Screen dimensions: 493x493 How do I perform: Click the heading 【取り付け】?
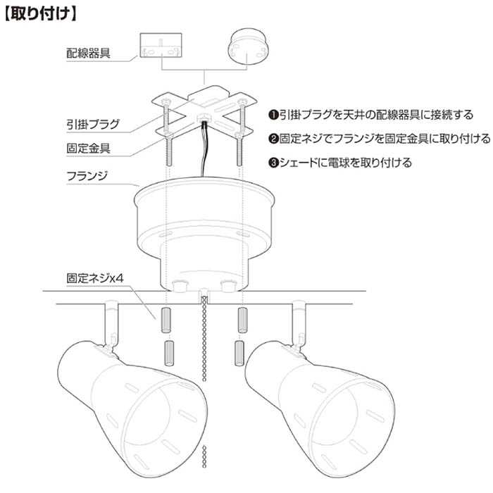pyautogui.click(x=41, y=14)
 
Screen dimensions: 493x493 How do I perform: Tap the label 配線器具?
pyautogui.click(x=88, y=53)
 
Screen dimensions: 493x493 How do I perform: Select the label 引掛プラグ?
pyautogui.click(x=93, y=124)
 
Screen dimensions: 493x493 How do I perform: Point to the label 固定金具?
pyautogui.click(x=88, y=148)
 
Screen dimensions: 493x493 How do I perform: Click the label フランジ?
pyautogui.click(x=87, y=176)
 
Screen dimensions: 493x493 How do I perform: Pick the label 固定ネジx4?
pyautogui.click(x=95, y=278)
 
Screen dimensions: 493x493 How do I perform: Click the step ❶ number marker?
pyautogui.click(x=273, y=115)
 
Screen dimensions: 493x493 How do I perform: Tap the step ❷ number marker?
pyautogui.click(x=273, y=139)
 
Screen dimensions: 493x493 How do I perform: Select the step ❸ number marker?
pyautogui.click(x=273, y=163)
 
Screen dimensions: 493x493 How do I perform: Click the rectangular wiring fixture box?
pyautogui.click(x=161, y=45)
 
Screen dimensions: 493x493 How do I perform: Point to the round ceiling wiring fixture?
pyautogui.click(x=248, y=47)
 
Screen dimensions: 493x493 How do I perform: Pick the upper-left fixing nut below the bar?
pyautogui.click(x=166, y=320)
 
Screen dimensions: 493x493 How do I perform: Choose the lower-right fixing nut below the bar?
pyautogui.click(x=239, y=354)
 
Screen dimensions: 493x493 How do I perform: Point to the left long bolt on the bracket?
pyautogui.click(x=168, y=132)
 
